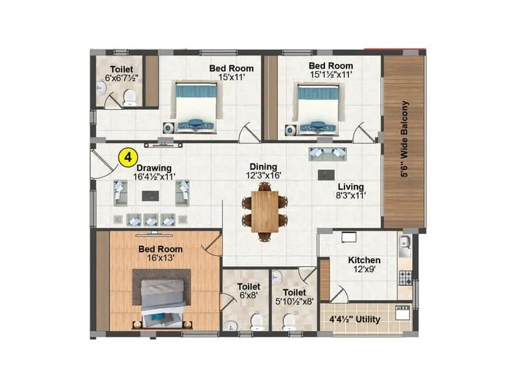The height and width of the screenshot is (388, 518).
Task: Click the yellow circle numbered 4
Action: (129, 156)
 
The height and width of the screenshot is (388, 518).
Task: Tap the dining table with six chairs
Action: (265, 211)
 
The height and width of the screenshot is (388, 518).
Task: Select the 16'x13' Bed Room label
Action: (161, 253)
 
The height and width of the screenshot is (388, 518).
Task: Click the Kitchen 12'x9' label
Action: (364, 264)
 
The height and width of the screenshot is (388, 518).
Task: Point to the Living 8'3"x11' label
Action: (350, 191)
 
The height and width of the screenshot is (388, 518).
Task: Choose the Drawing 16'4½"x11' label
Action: (153, 172)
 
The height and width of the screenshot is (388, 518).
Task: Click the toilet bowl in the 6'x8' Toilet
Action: (256, 321)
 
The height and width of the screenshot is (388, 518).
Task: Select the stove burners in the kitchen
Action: (405, 277)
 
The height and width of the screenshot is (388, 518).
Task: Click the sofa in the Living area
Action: (328, 153)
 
